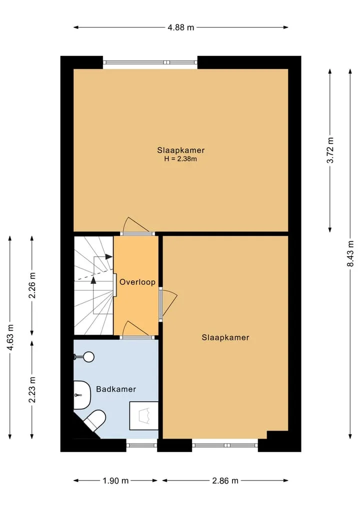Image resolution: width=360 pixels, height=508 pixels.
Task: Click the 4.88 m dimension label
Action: [x=180, y=27]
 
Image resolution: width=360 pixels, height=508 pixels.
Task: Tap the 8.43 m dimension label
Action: [x=350, y=253]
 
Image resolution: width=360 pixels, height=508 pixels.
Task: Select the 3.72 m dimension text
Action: [x=330, y=150]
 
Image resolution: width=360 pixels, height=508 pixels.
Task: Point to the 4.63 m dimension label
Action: [x=10, y=337]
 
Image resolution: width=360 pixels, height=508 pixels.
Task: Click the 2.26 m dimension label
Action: [x=32, y=285]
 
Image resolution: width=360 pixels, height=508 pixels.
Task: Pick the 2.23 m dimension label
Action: [x=32, y=390]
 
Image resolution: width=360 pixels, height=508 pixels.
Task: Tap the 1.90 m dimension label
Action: [x=116, y=481]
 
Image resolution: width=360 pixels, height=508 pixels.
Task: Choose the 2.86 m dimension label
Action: [x=225, y=481]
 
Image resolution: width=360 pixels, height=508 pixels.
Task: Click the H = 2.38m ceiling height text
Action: [x=180, y=159]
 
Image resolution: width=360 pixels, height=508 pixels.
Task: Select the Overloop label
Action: [x=137, y=282]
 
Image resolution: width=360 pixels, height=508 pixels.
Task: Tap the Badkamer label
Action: [x=116, y=389]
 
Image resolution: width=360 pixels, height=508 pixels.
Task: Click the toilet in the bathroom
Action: [x=94, y=420]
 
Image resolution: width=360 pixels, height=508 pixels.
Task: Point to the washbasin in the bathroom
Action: [x=82, y=395]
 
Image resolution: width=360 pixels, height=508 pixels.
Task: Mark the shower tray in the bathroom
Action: [x=144, y=416]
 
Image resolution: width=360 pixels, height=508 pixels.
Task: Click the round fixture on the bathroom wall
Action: [x=88, y=357]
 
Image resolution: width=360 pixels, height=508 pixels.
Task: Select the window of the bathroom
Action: [x=141, y=446]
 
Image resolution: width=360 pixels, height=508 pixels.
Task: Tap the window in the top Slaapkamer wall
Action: [x=150, y=62]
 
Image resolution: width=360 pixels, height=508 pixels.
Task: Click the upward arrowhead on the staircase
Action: [x=93, y=280]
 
